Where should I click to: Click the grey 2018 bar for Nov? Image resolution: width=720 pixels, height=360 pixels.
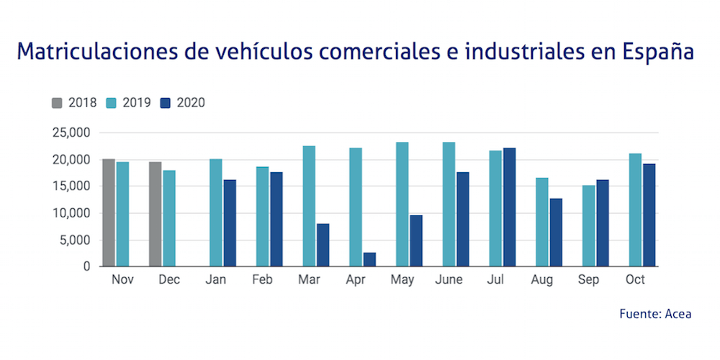click(x=108, y=212)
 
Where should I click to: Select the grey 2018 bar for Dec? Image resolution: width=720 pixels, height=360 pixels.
click(x=156, y=214)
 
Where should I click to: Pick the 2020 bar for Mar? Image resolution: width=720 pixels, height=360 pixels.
click(x=323, y=245)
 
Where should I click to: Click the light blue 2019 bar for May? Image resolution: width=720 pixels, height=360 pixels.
click(x=402, y=204)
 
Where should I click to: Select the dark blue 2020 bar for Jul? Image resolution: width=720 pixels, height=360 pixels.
click(x=510, y=207)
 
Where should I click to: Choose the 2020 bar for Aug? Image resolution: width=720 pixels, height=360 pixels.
click(x=557, y=232)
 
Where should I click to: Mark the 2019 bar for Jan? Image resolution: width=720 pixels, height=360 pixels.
click(x=215, y=212)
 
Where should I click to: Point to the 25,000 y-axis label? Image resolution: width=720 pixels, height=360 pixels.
click(x=70, y=132)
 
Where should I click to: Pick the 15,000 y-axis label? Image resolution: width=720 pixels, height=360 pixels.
click(x=70, y=186)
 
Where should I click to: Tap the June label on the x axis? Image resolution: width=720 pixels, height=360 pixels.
click(x=449, y=280)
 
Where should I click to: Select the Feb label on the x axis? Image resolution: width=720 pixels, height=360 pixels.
click(x=262, y=280)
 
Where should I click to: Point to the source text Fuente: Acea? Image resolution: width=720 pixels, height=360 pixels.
click(x=655, y=315)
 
